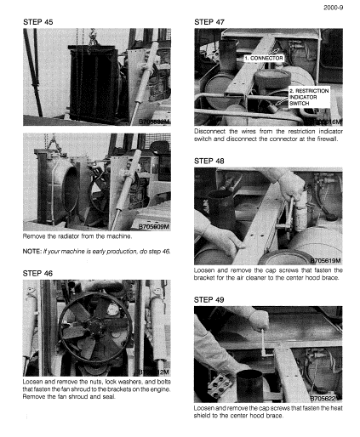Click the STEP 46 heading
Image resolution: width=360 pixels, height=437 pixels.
point(37,273)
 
